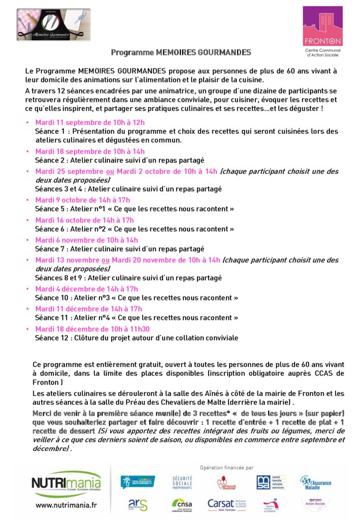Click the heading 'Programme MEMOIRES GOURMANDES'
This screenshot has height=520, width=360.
181,52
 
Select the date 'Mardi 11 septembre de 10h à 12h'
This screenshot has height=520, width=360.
90,122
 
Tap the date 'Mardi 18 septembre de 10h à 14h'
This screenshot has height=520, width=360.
90,151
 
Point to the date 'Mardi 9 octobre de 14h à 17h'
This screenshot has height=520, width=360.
83,200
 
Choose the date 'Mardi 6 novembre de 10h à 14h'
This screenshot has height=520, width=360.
86,240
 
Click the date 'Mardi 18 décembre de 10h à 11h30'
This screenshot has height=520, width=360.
92,329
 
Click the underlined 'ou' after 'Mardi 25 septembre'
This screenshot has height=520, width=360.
110,171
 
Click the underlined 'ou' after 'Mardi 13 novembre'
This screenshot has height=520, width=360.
106,261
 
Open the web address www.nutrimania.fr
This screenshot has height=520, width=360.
66,505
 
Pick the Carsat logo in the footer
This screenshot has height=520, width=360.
226,504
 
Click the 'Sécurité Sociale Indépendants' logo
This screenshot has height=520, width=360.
182,482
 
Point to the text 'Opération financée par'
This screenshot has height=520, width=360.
226,468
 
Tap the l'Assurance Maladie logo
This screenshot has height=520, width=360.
316,482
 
